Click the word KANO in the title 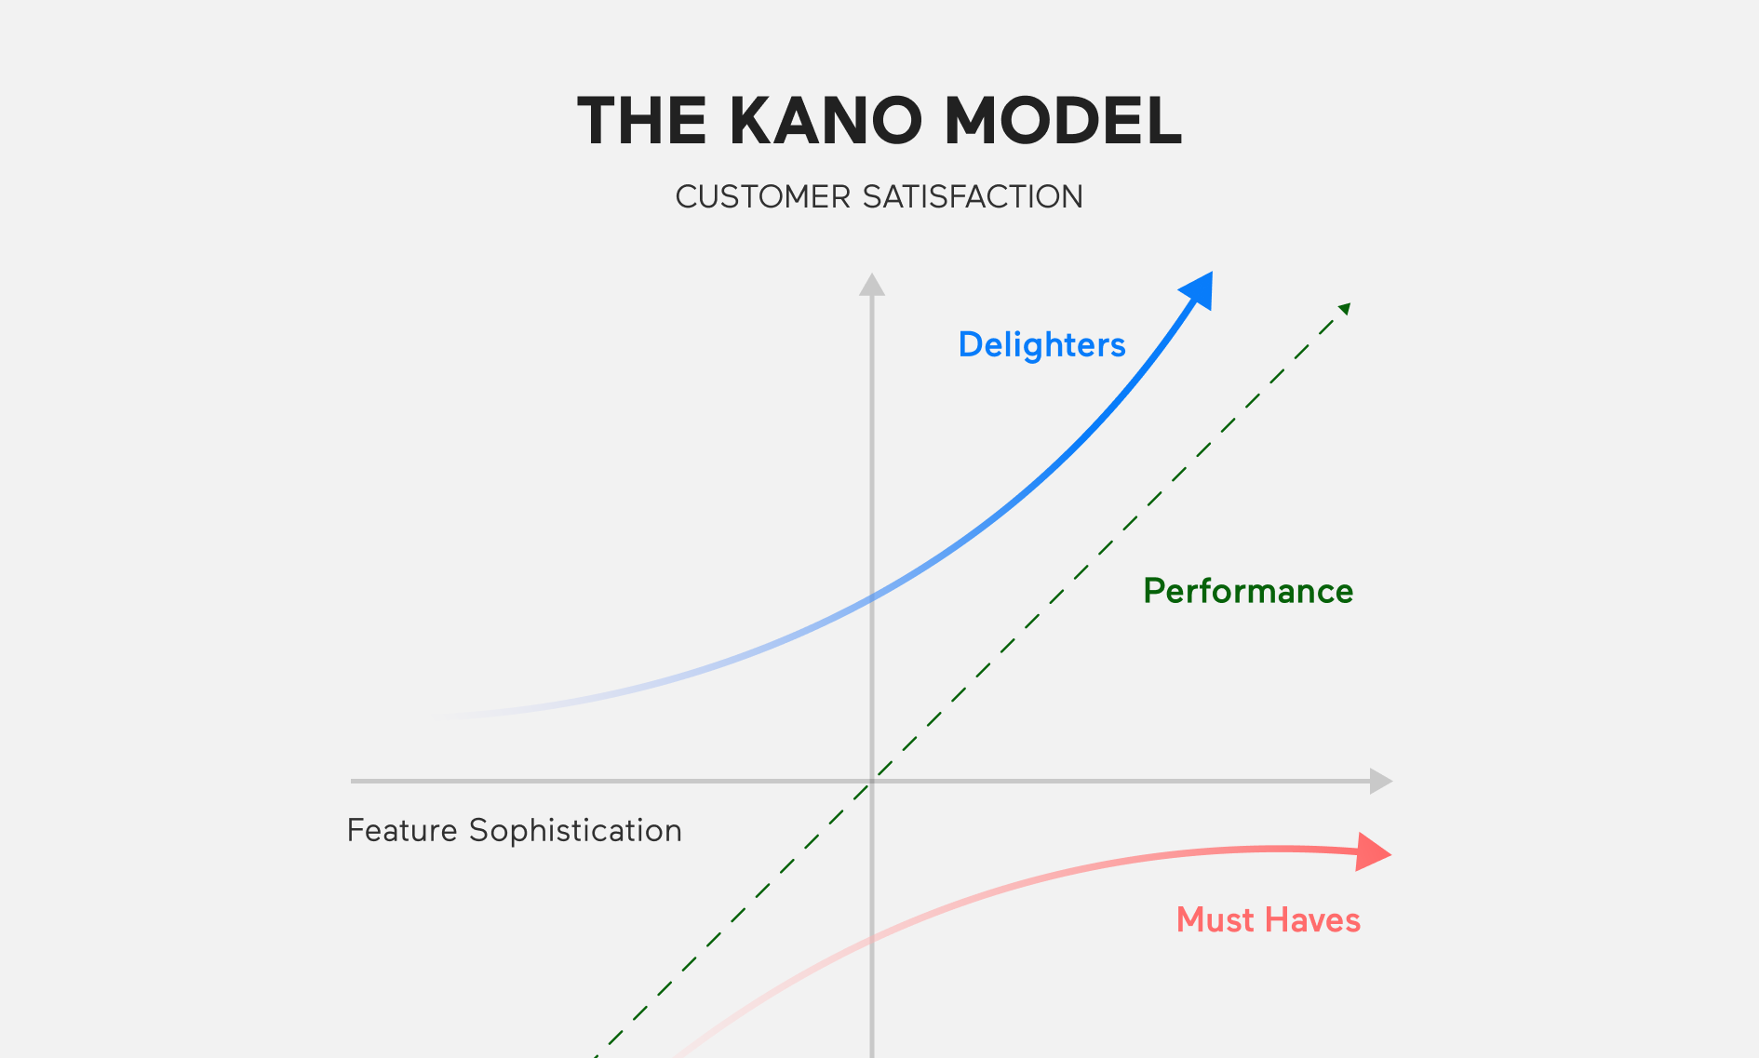[x=826, y=121]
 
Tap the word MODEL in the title [x=1064, y=121]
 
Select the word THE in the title [x=642, y=121]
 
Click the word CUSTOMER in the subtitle [x=763, y=197]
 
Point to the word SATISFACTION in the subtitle [x=973, y=197]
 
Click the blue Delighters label [x=1041, y=345]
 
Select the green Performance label [x=1248, y=592]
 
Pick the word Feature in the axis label [x=402, y=830]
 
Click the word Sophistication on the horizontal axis [x=575, y=831]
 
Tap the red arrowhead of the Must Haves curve [x=1373, y=851]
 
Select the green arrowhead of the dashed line [x=1345, y=308]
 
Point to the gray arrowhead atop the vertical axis [x=872, y=284]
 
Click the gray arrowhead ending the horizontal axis [x=1381, y=782]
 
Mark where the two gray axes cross [x=872, y=782]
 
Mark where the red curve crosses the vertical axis [x=872, y=939]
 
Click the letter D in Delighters [x=971, y=345]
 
